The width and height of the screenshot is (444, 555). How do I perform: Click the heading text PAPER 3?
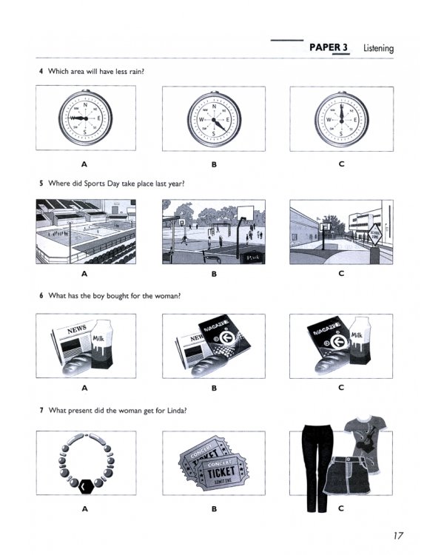point(329,48)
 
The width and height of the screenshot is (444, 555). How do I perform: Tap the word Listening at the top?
point(378,49)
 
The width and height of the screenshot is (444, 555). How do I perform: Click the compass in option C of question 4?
point(341,118)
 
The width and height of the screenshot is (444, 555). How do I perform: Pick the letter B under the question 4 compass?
point(214,164)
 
